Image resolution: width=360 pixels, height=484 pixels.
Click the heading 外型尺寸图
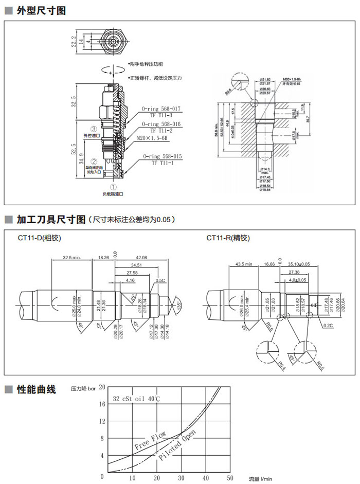pos(41,10)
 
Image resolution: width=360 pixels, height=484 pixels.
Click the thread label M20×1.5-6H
pos(152,138)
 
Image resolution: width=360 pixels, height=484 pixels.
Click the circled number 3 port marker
pos(94,129)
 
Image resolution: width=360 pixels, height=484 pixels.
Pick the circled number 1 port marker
pos(114,188)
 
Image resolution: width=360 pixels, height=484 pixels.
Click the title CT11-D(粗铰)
pos(39,238)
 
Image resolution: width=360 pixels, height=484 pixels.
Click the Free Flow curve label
pos(150,440)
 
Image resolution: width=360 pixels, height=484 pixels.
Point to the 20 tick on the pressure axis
pos(102,387)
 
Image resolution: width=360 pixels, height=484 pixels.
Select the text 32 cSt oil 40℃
pos(138,399)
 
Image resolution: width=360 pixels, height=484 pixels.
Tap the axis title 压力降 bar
pos(83,389)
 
